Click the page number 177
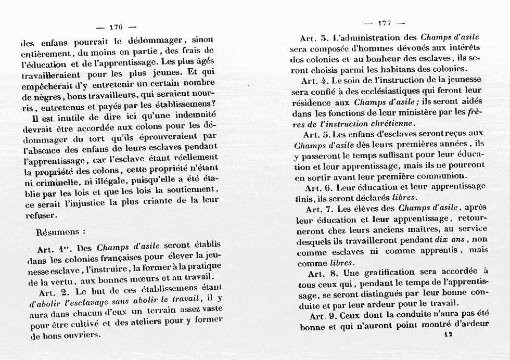point(385,23)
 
